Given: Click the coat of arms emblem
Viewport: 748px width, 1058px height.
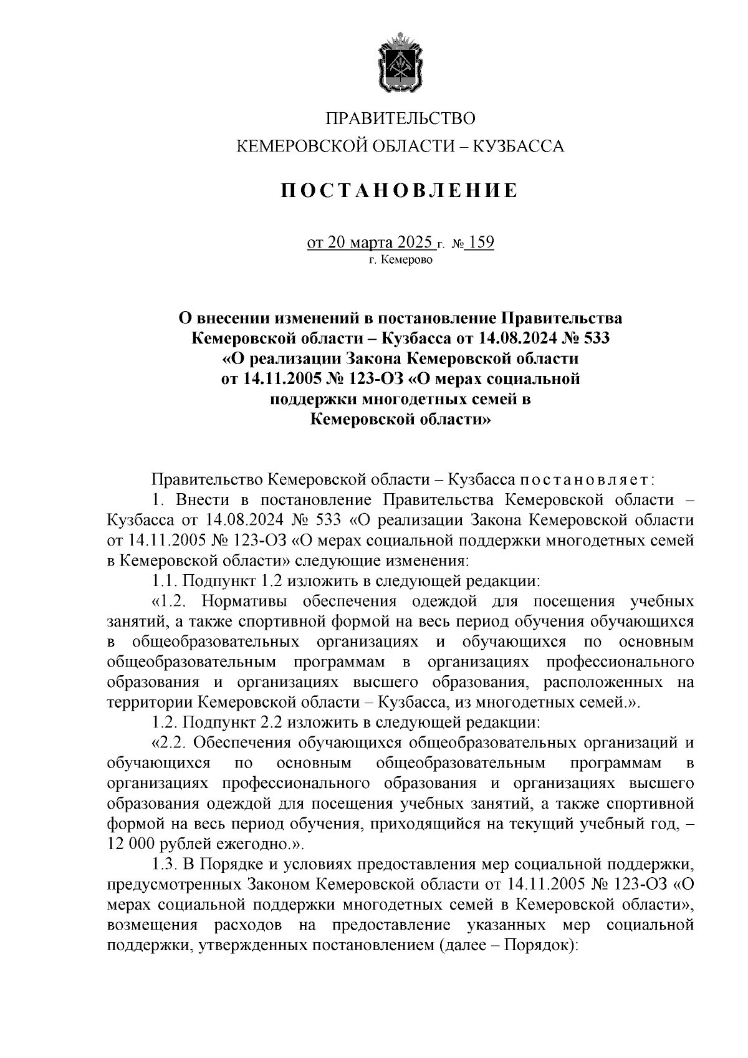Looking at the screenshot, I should tap(401, 65).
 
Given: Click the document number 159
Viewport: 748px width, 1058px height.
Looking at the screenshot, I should tap(481, 242).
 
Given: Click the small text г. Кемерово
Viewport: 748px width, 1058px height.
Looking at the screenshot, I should tap(400, 259).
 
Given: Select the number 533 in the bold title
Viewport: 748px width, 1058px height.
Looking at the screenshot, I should tap(595, 339).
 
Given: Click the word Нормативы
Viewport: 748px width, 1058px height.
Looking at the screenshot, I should tap(246, 602).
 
